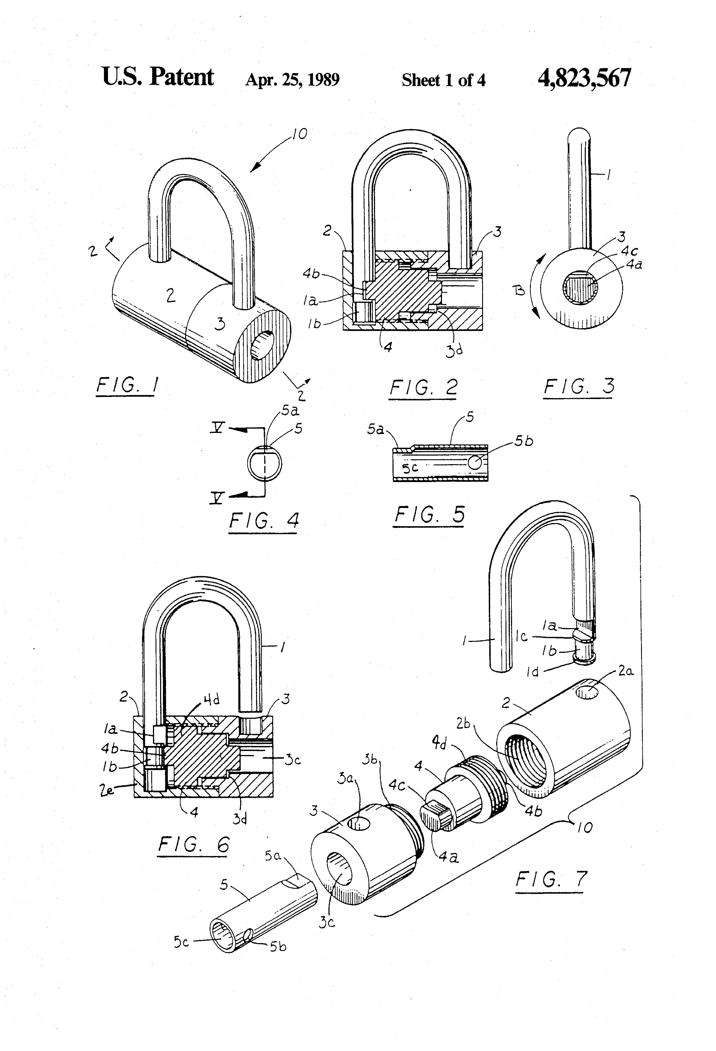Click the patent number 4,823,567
584,78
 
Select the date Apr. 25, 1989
292,80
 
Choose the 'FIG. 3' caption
578,387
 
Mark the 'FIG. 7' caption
551,879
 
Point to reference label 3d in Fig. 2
454,351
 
